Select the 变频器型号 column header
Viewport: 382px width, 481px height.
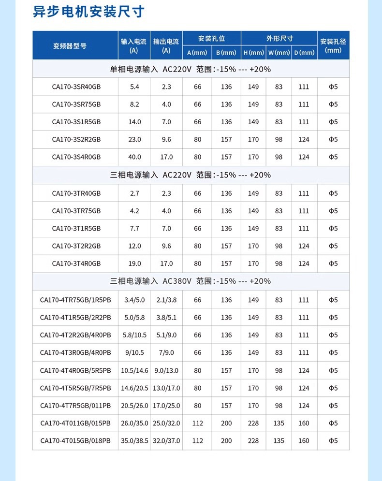click(70, 46)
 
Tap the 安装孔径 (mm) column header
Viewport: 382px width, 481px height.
click(333, 46)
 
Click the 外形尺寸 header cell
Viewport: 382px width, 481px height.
click(279, 39)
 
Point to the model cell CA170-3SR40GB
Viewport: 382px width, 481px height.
click(76, 87)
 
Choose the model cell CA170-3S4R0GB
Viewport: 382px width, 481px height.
click(76, 157)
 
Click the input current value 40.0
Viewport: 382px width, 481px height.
click(134, 157)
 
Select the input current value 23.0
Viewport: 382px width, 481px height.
click(134, 140)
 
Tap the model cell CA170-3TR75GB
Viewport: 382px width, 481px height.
click(76, 211)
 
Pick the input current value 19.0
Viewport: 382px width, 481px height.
click(134, 263)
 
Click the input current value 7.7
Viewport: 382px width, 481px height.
click(134, 228)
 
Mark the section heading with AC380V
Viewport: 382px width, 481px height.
click(191, 281)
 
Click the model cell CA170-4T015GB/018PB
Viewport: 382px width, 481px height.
click(75, 441)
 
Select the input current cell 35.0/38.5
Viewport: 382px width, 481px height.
click(134, 441)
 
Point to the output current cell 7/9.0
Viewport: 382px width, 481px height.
click(166, 353)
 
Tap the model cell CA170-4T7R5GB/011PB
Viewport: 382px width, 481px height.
click(75, 406)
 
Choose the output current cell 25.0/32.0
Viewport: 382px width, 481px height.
click(166, 423)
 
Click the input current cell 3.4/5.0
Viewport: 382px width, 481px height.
click(134, 300)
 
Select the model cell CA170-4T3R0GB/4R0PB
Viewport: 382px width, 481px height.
click(75, 353)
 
